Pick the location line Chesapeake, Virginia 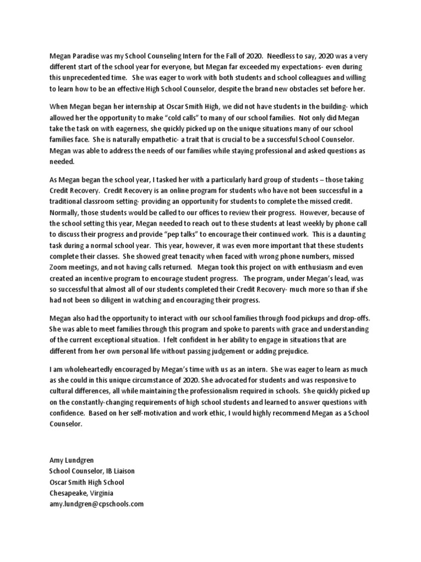click(x=81, y=493)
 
